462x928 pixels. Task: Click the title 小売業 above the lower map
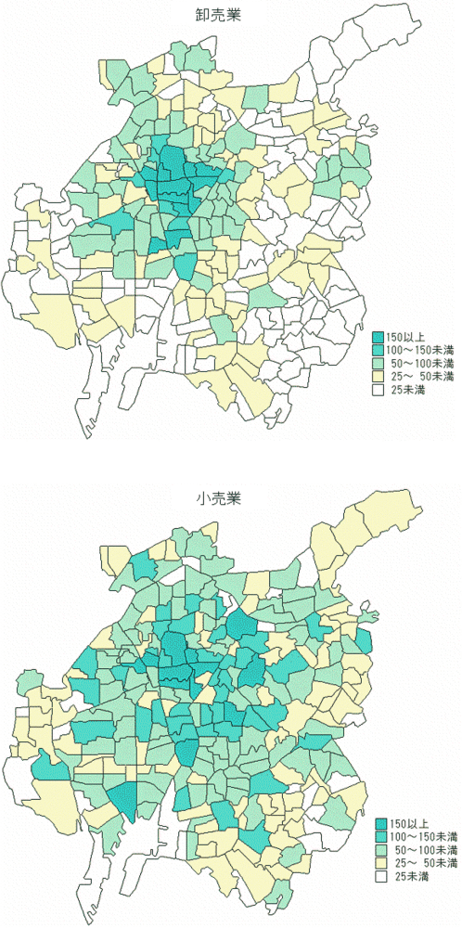coord(218,499)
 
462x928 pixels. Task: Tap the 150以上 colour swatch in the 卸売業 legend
coord(379,337)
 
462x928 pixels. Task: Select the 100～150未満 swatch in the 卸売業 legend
coord(379,350)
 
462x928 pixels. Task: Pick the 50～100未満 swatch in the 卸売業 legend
coord(379,364)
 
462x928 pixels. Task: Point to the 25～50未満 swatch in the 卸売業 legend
coord(379,378)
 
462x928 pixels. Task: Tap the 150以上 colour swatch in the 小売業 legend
coord(381,822)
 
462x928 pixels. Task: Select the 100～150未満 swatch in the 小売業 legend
coord(381,835)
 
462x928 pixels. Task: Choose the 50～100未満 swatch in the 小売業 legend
coord(381,849)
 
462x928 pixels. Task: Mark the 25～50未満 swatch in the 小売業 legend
coord(381,863)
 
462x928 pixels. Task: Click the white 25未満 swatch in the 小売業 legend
coord(381,876)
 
